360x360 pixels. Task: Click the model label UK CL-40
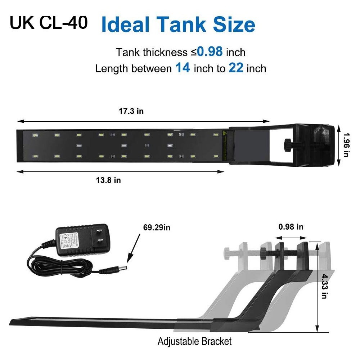tap(48, 23)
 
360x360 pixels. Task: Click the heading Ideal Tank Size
tap(178, 24)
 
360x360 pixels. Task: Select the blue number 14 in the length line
tap(183, 68)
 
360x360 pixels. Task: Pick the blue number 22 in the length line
tap(236, 68)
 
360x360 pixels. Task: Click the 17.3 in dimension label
tap(131, 111)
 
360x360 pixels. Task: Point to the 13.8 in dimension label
tap(108, 180)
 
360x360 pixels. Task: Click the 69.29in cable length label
tap(156, 228)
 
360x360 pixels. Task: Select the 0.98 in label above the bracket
tap(291, 227)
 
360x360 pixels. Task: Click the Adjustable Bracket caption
tap(195, 341)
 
